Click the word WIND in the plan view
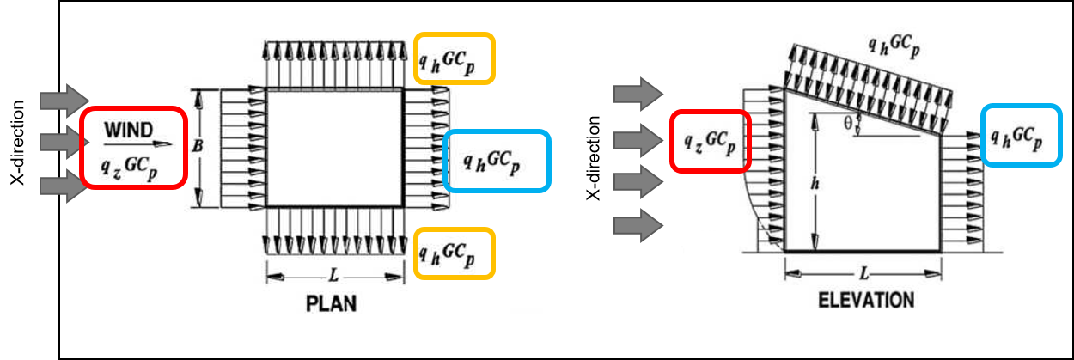(129, 131)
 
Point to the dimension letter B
(198, 147)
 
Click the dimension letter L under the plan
(333, 277)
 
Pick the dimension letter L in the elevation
(863, 273)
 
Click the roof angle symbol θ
(846, 124)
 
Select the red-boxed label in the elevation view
(710, 141)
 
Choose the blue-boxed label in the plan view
(497, 161)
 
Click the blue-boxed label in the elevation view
(1022, 136)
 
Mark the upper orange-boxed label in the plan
(454, 58)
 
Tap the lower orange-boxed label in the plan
(454, 253)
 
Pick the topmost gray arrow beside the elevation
(638, 93)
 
